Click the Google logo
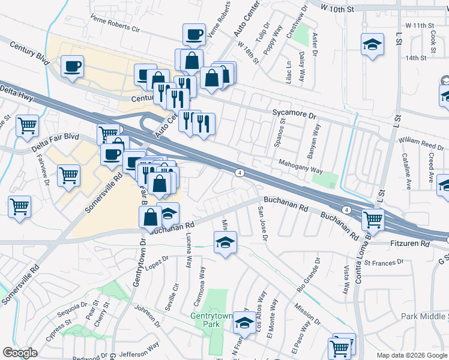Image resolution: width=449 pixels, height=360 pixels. tap(20, 353)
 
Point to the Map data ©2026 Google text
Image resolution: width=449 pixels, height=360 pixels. tap(411, 355)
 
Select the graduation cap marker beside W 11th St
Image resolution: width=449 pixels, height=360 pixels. tap(372, 44)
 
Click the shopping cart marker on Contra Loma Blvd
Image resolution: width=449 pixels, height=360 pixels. tap(373, 220)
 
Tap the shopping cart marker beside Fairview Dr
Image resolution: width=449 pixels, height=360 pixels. tap(68, 175)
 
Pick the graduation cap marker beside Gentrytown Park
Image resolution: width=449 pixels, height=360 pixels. tap(243, 323)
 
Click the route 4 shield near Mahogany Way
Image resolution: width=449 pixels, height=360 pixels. tap(240, 173)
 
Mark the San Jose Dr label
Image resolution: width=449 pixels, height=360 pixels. tap(261, 221)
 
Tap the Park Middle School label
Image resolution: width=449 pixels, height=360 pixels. tap(424, 316)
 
